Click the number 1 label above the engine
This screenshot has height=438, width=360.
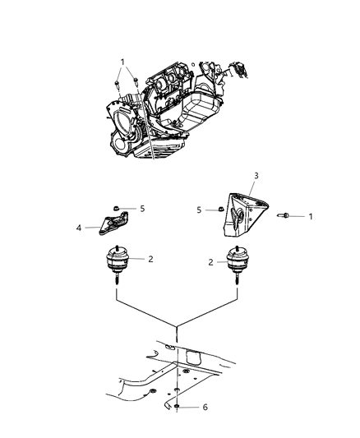123,62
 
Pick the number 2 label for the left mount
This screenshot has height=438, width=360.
150,258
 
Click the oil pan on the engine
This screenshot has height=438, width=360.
194,111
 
